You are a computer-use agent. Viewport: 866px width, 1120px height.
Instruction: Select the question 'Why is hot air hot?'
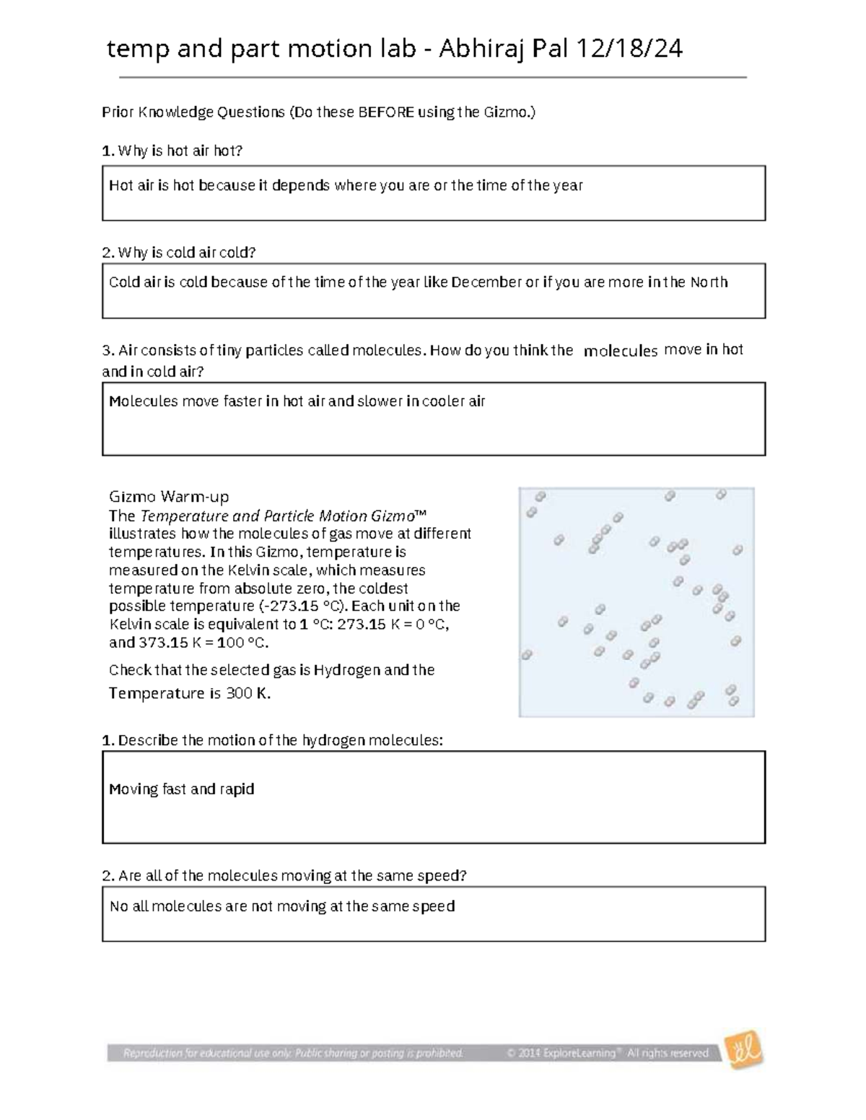point(180,151)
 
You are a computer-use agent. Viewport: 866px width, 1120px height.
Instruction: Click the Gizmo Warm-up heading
point(169,496)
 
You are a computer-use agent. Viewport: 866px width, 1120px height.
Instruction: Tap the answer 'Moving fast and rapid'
point(182,789)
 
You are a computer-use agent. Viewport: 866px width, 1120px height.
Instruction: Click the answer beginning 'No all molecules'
point(282,906)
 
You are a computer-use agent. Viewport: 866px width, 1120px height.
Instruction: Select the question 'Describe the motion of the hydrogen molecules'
point(280,741)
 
